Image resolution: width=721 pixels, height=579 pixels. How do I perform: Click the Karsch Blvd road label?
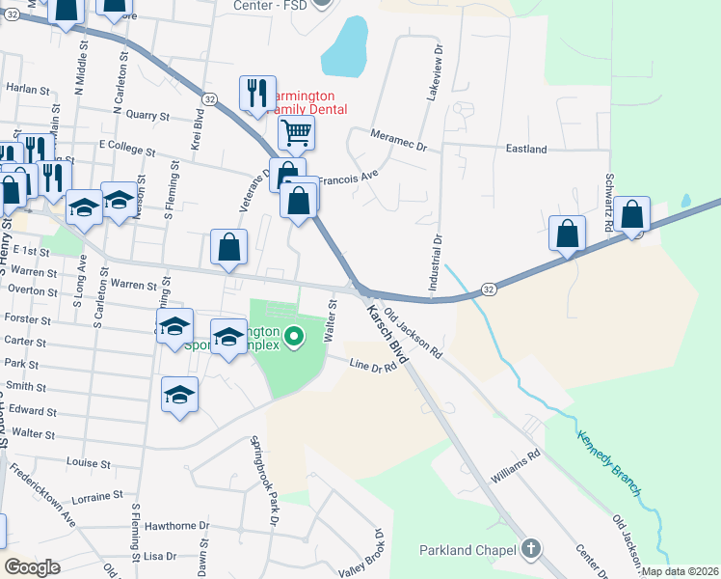(387, 335)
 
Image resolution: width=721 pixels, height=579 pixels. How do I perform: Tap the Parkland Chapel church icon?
(530, 550)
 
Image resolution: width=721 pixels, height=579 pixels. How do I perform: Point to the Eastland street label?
(526, 150)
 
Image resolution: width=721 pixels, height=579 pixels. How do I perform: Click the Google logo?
(33, 567)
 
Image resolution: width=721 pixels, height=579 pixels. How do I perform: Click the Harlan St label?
(27, 89)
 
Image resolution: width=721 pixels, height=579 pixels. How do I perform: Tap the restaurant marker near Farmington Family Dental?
(257, 94)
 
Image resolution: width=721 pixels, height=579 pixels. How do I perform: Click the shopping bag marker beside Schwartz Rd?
(633, 216)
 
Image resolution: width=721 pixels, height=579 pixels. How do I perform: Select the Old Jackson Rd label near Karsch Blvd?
(412, 333)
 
